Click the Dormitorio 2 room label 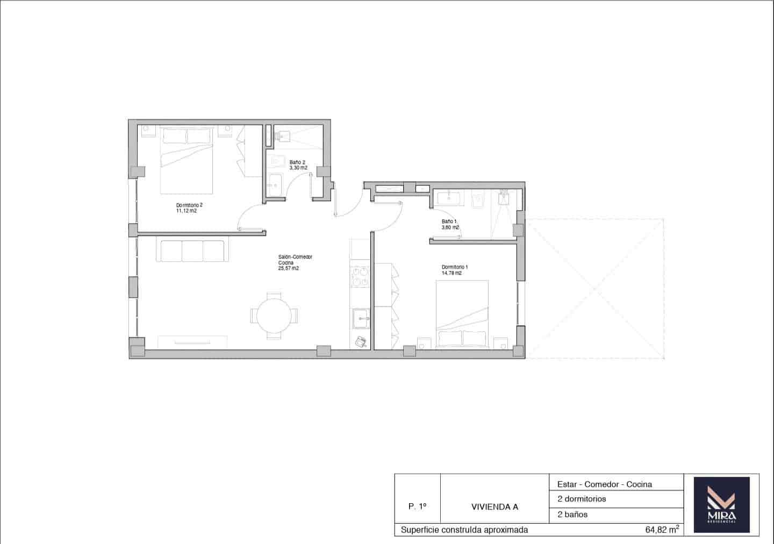coord(189,205)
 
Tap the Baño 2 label coord(297,162)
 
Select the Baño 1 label coord(449,221)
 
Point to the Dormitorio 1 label coord(455,267)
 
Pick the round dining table coord(274,316)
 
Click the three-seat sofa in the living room coord(190,251)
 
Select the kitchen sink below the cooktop coord(360,318)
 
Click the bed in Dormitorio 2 coord(188,160)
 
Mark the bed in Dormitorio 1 coord(462,313)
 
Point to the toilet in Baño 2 coord(278,161)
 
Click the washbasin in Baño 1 coord(448,198)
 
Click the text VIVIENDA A coord(494,506)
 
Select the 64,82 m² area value coord(662,529)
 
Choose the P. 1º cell coord(417,506)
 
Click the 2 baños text coord(572,514)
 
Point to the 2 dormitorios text coord(582,499)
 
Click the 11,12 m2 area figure coord(186,211)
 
